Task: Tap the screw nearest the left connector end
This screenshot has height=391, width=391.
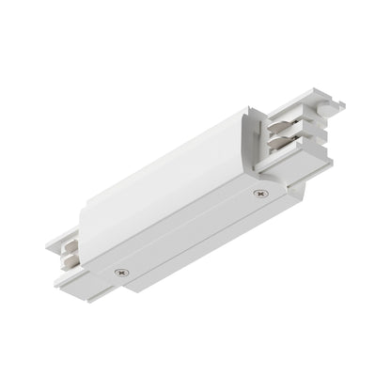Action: (120, 273)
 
